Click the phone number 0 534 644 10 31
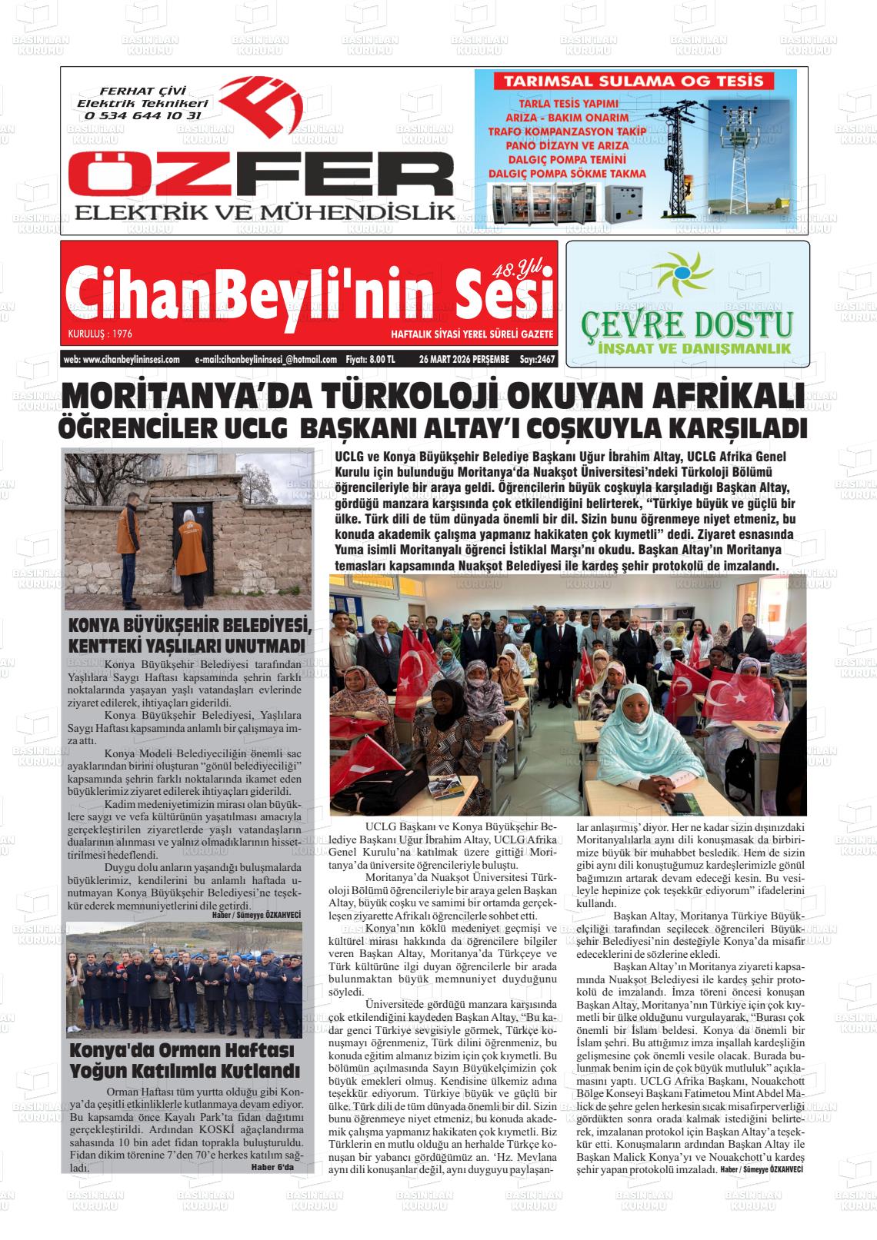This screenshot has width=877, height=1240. tap(143, 116)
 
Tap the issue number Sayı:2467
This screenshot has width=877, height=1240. tap(537, 359)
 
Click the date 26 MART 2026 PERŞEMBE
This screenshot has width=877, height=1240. tap(458, 359)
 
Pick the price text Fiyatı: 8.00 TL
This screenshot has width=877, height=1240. tap(371, 359)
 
